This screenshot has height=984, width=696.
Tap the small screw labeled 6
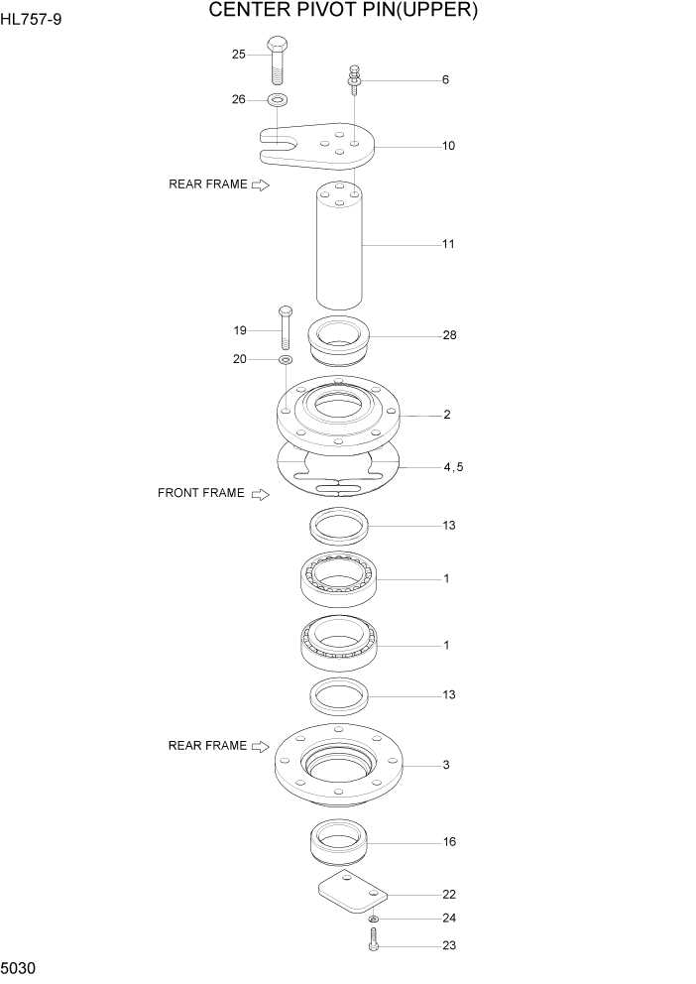point(353,77)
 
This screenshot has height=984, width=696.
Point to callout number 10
point(448,146)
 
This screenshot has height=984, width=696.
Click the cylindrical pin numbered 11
point(338,246)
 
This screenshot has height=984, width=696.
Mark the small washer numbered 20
point(286,359)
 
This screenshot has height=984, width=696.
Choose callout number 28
point(449,335)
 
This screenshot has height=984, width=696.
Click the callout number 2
point(447,415)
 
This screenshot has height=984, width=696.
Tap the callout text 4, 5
point(453,466)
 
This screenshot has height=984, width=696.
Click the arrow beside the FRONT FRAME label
point(261,494)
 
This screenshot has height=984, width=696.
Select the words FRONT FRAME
point(200,493)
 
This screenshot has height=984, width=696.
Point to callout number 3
point(447,765)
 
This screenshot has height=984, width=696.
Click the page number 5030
point(22,966)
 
